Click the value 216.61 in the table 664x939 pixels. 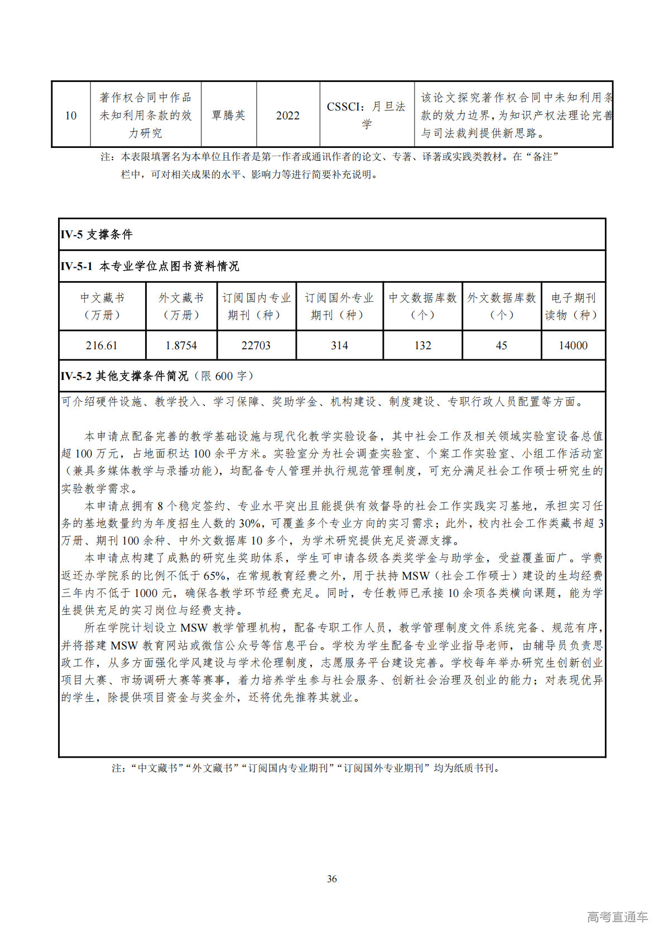[102, 345]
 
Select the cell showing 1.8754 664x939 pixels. [181, 345]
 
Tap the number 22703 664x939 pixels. [256, 345]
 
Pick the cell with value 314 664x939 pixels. [339, 345]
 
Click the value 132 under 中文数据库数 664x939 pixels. [422, 345]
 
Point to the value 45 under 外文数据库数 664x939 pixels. [501, 345]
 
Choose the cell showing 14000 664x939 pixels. [573, 345]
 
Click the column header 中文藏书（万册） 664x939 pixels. [102, 306]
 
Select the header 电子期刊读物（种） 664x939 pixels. [573, 306]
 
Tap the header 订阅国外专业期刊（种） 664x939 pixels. [339, 306]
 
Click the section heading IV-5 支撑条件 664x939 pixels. [97, 235]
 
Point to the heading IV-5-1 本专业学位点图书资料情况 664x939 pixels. [150, 267]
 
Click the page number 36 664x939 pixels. [332, 879]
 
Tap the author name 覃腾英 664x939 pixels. [229, 115]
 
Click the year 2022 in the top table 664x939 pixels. [288, 115]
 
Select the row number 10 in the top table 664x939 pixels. [71, 115]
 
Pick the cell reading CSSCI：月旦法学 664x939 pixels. [367, 115]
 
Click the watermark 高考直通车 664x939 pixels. [617, 917]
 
